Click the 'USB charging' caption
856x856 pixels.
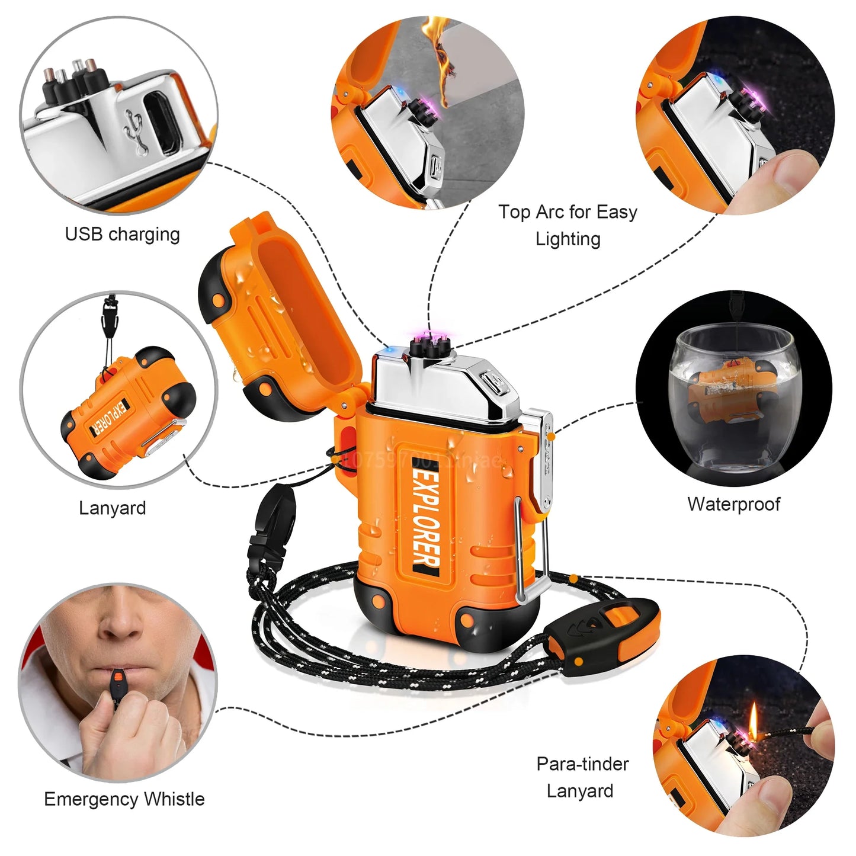pos(122,235)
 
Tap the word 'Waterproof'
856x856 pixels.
pos(733,504)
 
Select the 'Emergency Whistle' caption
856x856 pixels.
pos(124,799)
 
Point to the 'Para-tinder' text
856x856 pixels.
pos(582,764)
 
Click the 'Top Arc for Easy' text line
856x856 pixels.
pos(568,212)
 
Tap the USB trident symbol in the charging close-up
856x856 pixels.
pos(137,132)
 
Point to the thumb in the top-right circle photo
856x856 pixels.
pos(791,175)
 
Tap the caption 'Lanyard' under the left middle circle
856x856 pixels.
pos(113,508)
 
